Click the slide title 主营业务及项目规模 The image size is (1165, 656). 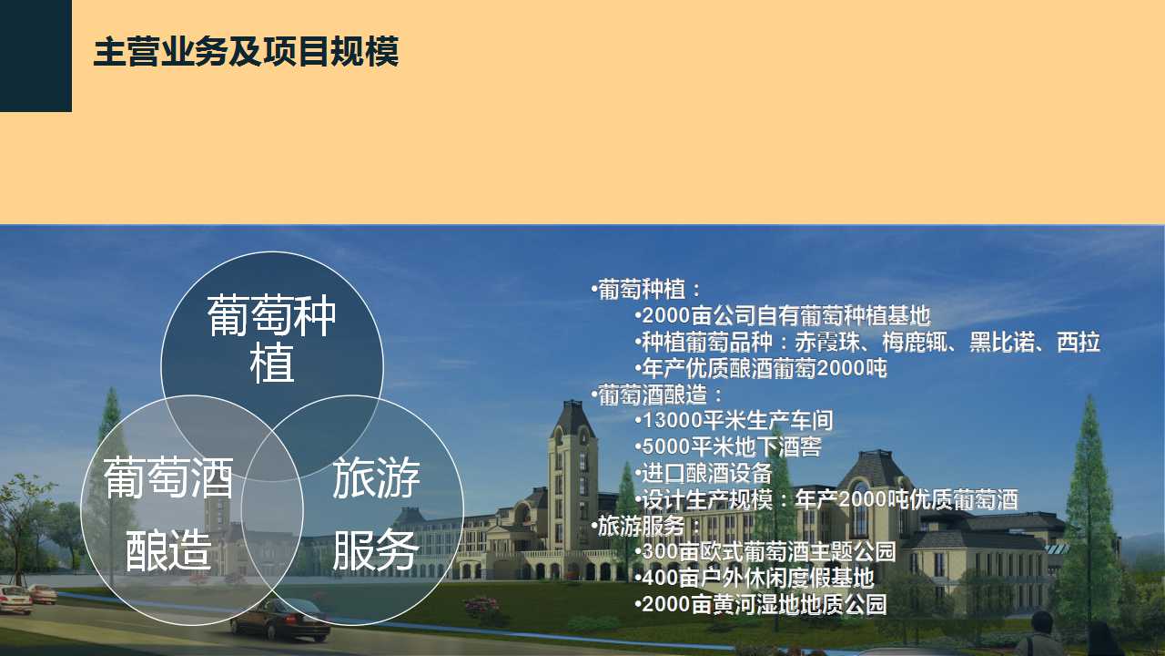click(246, 52)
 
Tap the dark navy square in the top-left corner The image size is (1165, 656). click(35, 56)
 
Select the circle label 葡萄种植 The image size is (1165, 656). click(272, 338)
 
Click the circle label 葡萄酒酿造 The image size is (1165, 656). click(168, 513)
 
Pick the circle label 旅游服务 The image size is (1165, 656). click(376, 513)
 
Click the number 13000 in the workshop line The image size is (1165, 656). click(672, 421)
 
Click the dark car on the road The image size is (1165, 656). click(281, 620)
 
